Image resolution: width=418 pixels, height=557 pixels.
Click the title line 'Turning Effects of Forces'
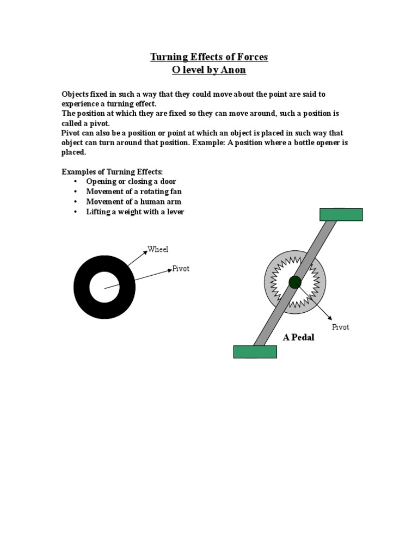tap(209, 57)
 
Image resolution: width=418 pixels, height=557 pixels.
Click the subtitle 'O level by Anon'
tap(209, 70)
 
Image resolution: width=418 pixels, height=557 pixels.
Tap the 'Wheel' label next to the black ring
tap(158, 250)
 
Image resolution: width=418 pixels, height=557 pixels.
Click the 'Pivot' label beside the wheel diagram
tap(181, 269)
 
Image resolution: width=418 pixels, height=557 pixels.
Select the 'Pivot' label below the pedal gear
tap(341, 327)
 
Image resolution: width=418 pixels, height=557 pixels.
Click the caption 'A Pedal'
tap(298, 337)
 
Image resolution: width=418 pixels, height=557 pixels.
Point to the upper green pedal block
tap(341, 215)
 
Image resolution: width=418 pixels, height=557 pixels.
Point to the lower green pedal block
tap(255, 352)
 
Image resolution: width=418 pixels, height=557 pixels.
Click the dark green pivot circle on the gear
tap(295, 282)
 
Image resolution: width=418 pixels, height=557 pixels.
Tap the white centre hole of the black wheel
tap(104, 287)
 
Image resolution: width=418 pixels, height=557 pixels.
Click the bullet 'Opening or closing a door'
tap(131, 181)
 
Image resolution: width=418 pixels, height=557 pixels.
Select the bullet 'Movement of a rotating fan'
tap(134, 191)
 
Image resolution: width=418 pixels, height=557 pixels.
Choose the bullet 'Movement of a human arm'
tap(133, 202)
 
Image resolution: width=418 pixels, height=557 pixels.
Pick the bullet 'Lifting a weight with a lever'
tap(135, 212)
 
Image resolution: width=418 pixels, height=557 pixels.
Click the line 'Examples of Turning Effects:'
tap(112, 171)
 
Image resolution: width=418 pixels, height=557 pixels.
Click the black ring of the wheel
tap(82, 287)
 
